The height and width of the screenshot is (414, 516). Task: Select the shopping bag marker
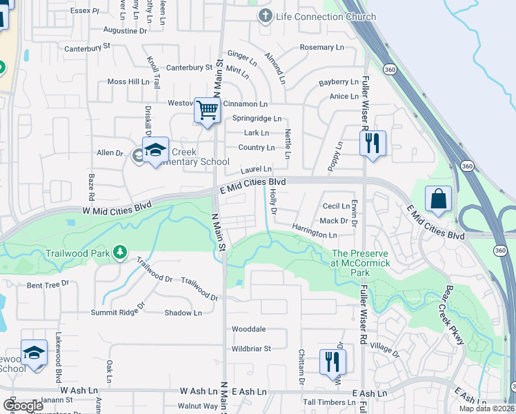point(438,200)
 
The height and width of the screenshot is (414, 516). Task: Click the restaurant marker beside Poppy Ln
point(373,144)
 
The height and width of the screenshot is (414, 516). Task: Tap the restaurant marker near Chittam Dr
point(333,361)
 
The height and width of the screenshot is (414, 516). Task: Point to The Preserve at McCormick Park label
point(360,263)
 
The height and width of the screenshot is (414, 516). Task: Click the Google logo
point(23,406)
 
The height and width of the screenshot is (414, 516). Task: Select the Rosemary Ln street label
point(321,48)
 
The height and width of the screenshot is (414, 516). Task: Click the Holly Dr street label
point(272,201)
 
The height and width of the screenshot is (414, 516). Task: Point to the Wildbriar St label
point(251,348)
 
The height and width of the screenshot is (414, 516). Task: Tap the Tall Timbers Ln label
point(328,402)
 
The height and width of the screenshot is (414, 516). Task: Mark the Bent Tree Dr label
point(48,284)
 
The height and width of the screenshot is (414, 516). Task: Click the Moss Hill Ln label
point(128,81)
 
